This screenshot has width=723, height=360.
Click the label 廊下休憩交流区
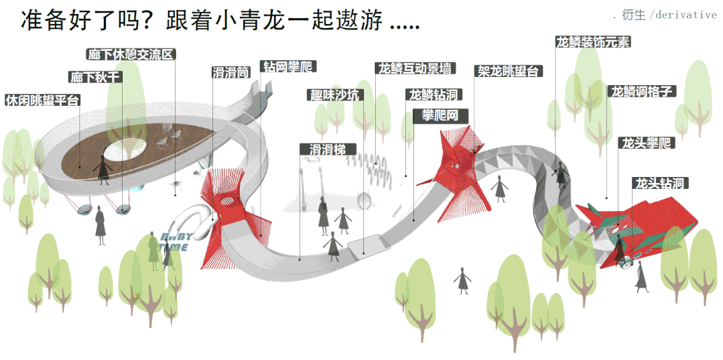pyautogui.click(x=131, y=54)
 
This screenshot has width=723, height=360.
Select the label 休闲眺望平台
pyautogui.click(x=42, y=101)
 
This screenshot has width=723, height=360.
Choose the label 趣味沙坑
pyautogui.click(x=335, y=95)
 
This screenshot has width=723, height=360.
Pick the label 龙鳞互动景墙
pyautogui.click(x=415, y=68)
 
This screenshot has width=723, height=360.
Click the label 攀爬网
pyautogui.click(x=440, y=115)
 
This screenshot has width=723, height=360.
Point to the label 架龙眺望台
pyautogui.click(x=509, y=70)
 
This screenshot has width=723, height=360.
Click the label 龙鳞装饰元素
pyautogui.click(x=592, y=42)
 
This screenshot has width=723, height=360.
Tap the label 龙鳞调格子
pyautogui.click(x=641, y=91)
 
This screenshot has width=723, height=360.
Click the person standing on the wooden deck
pyautogui.click(x=103, y=170)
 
